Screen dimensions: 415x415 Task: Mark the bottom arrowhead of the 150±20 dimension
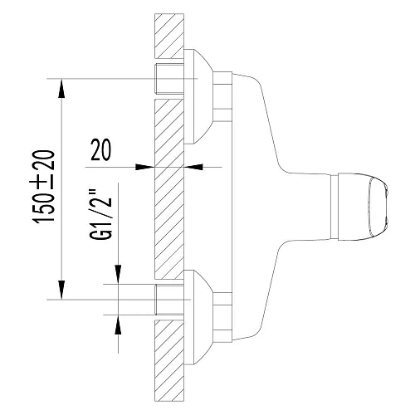(x=62, y=292)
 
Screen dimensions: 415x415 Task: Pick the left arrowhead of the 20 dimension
(x=147, y=167)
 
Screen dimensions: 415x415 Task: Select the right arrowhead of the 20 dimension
(x=194, y=167)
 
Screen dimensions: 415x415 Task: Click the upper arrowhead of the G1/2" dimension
(x=119, y=275)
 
